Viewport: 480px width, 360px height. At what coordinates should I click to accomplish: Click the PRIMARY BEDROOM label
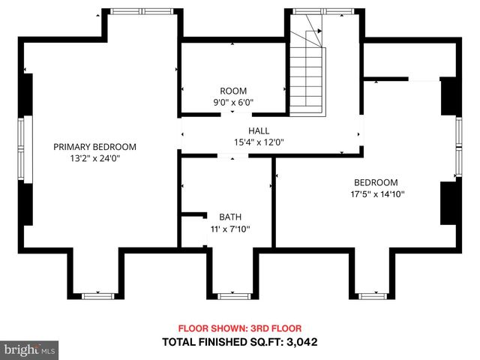coord(94,147)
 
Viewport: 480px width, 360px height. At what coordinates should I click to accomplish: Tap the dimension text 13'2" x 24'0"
coord(94,159)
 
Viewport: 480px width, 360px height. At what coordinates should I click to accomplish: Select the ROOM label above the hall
coord(233,91)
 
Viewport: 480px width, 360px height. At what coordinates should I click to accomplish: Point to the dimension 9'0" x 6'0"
coord(233,103)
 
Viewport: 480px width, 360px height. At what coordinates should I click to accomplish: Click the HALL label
coord(259,130)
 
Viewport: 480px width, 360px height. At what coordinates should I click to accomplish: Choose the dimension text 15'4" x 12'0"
coord(259,142)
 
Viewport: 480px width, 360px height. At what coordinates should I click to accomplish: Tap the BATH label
coord(230,217)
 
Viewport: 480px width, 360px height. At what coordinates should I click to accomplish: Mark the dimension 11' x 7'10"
coord(230,229)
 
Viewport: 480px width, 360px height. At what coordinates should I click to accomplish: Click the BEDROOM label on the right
coord(376,182)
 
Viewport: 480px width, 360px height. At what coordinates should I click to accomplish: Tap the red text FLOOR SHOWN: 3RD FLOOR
coord(239,328)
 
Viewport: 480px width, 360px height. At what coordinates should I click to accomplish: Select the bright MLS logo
coord(30,349)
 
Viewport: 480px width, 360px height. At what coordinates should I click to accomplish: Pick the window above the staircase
coord(322,11)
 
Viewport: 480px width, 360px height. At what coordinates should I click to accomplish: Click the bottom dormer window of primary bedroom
coord(97,296)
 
